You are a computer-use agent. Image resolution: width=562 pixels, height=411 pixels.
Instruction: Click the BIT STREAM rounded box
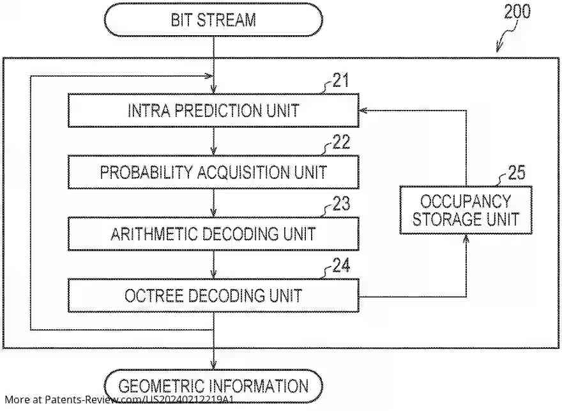(x=213, y=19)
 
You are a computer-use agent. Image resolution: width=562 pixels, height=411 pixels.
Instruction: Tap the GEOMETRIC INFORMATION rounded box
(x=213, y=386)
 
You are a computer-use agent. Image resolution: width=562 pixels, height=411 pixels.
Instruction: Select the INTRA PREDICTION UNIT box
(x=213, y=111)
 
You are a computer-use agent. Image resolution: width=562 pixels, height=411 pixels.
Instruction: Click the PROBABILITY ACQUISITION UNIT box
(x=213, y=172)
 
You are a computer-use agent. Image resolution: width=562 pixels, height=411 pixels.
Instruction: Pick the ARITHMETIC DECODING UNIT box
(x=213, y=233)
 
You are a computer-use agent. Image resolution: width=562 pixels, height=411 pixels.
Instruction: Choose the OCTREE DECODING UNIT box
(x=213, y=295)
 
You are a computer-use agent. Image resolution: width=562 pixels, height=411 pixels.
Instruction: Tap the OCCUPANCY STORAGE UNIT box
(x=466, y=210)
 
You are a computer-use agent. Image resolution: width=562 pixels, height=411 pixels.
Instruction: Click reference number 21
(x=341, y=81)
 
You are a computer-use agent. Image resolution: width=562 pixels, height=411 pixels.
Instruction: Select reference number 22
(x=341, y=143)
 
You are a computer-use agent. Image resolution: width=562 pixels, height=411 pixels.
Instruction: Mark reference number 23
(x=341, y=204)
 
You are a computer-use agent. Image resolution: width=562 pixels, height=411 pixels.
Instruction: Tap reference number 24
(x=341, y=265)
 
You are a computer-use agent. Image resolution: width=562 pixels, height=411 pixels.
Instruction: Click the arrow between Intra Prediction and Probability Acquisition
(x=213, y=141)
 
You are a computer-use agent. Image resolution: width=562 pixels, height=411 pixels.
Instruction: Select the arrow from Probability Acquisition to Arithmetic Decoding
(x=213, y=203)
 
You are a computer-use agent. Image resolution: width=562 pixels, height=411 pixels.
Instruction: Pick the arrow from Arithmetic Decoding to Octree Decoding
(x=213, y=265)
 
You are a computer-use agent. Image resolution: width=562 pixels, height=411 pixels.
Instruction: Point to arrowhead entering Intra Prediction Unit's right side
(x=363, y=111)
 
